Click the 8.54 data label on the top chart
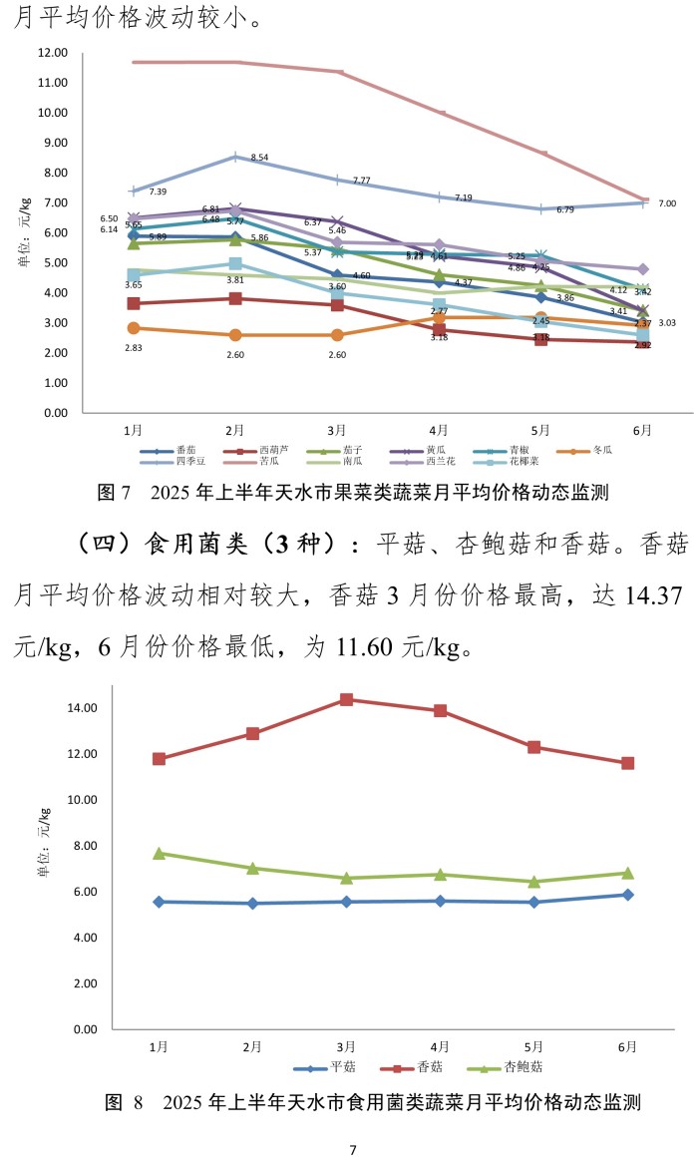pos(259,158)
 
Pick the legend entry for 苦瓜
pos(269,462)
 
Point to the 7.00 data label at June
pos(667,203)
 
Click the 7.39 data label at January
pos(158,192)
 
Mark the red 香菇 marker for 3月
pos(346,699)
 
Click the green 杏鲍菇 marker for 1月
pos(159,854)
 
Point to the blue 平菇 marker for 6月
pos(627,895)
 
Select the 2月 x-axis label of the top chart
pos(235,430)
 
